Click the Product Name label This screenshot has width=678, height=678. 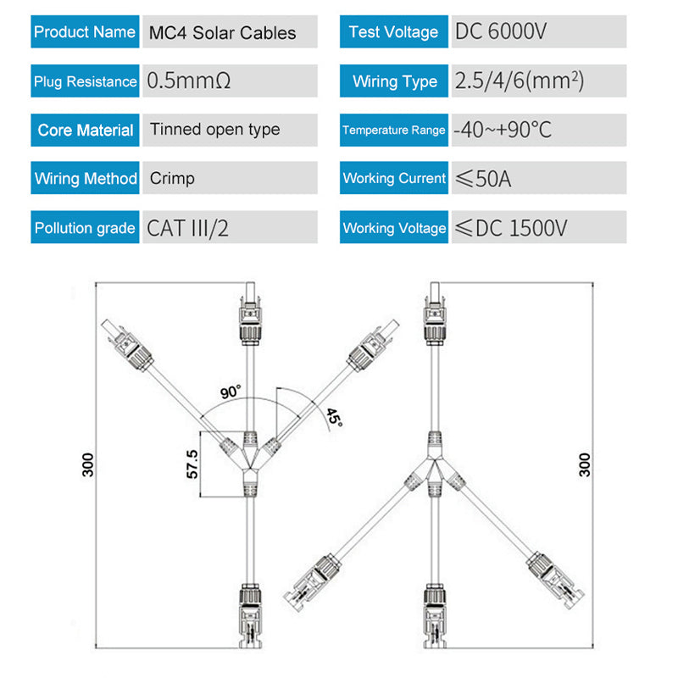(85, 31)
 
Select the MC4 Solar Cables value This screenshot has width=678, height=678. (222, 33)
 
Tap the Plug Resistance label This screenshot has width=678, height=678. (86, 81)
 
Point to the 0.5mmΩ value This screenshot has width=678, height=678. (188, 81)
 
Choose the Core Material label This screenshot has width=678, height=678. (86, 131)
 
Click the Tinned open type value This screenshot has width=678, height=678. (215, 130)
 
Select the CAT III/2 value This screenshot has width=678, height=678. (187, 228)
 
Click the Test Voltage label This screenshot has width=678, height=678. (393, 31)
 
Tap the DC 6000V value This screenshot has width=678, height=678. (501, 31)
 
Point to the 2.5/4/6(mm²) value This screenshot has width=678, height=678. (520, 81)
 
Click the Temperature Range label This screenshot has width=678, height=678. (394, 130)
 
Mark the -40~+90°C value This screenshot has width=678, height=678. (503, 130)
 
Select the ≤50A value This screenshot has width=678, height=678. (483, 179)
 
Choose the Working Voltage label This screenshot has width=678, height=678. (394, 228)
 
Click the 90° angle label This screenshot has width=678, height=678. (231, 392)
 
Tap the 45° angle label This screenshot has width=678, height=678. (334, 418)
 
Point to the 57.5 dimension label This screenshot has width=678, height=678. (192, 464)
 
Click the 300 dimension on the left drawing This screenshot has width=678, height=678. (88, 464)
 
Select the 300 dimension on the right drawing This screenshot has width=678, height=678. (585, 464)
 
